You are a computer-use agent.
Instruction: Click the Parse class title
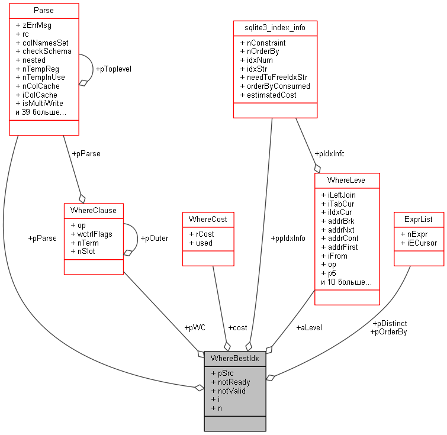click(x=44, y=10)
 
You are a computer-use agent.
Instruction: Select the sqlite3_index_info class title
click(x=274, y=28)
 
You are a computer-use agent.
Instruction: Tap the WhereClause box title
click(x=94, y=210)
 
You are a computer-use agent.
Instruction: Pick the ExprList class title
click(x=419, y=219)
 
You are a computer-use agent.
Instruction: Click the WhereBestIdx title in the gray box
click(x=234, y=358)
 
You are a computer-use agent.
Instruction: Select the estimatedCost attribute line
click(x=271, y=95)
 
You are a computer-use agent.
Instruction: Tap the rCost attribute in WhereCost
click(x=201, y=234)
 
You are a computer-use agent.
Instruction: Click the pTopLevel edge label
click(x=113, y=69)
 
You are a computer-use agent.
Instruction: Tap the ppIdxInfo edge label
click(x=288, y=239)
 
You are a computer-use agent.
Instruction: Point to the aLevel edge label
click(x=310, y=327)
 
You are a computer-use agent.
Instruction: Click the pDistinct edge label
click(x=390, y=324)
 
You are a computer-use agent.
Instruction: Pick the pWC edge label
click(x=195, y=327)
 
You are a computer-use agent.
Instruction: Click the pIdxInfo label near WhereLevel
click(x=329, y=154)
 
